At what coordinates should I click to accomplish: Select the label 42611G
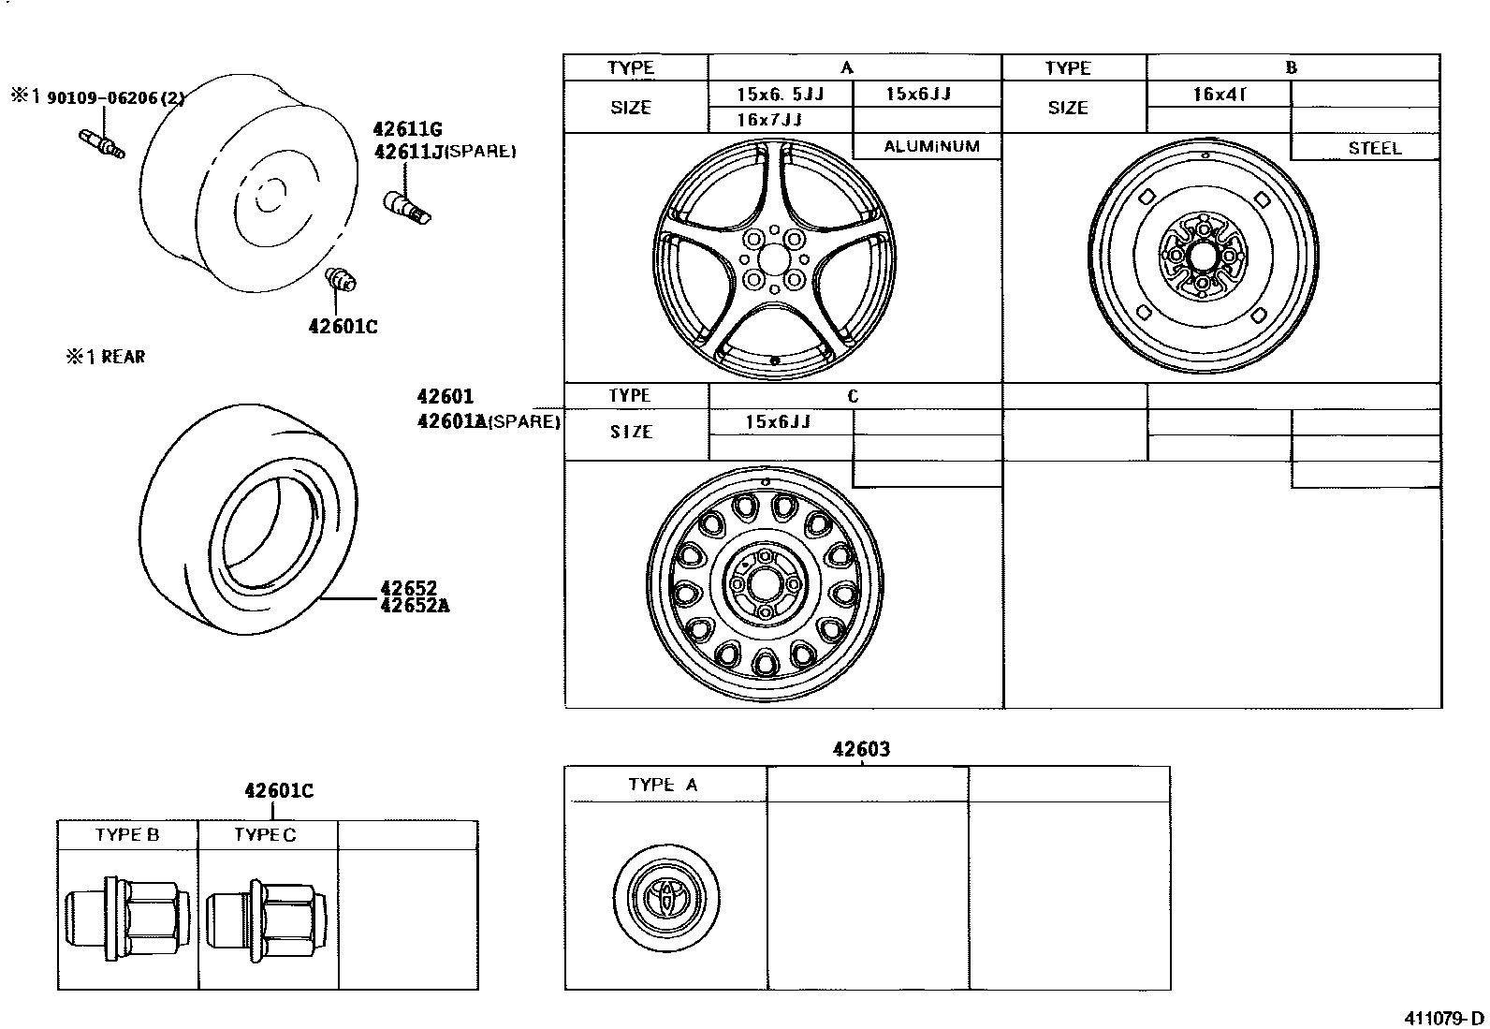[x=407, y=130]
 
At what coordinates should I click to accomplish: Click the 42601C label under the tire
[x=343, y=327]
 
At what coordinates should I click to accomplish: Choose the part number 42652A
[x=415, y=605]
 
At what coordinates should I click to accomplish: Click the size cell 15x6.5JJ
[x=780, y=95]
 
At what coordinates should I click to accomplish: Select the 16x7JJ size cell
[x=768, y=120]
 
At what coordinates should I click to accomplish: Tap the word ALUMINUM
[x=931, y=146]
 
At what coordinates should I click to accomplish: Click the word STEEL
[x=1374, y=148]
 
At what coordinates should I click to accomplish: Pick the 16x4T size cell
[x=1222, y=95]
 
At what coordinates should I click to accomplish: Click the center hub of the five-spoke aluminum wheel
[x=773, y=258]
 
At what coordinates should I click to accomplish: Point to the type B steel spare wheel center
[x=1203, y=254]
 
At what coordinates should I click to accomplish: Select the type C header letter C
[x=853, y=396]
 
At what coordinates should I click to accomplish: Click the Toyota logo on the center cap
[x=668, y=897]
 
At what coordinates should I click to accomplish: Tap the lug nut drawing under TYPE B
[x=127, y=919]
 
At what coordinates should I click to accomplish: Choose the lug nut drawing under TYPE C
[x=267, y=919]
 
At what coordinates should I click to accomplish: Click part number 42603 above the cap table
[x=861, y=749]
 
